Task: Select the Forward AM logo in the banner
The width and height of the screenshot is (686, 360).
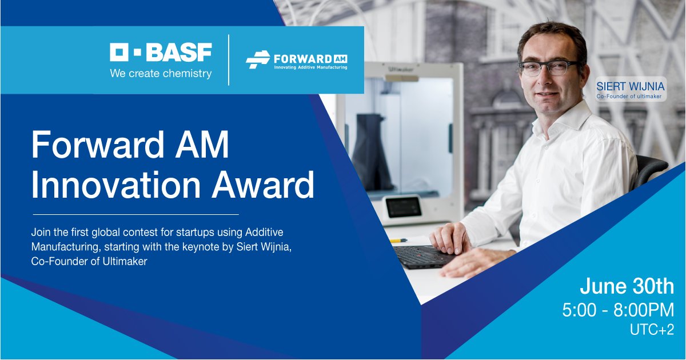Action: [297, 60]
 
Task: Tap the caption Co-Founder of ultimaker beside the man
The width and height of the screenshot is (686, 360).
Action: [628, 97]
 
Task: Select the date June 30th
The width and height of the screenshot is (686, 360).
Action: [627, 285]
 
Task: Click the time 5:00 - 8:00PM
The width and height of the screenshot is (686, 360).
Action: [618, 310]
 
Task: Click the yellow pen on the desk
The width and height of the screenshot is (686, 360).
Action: [398, 241]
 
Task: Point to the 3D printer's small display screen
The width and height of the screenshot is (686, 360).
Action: [404, 207]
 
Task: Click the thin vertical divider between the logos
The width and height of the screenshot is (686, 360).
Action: [229, 60]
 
